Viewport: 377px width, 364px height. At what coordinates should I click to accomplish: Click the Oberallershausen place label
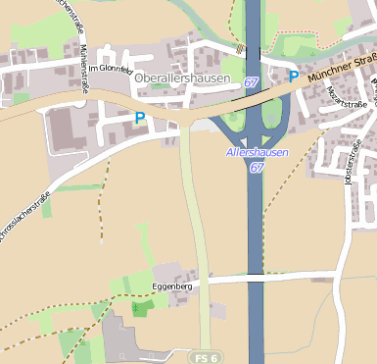(x=182, y=78)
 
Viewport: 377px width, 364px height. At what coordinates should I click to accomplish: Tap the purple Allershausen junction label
(x=258, y=153)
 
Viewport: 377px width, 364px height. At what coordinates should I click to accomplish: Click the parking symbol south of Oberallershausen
(x=140, y=118)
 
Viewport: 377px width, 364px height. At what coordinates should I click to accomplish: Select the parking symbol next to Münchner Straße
(x=293, y=76)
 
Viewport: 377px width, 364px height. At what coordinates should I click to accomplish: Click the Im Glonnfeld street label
(x=109, y=82)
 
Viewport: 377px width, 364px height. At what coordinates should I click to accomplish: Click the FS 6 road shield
(x=204, y=355)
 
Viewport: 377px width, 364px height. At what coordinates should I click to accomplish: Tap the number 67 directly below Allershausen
(x=256, y=168)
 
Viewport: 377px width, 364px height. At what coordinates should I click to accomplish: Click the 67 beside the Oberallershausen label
(x=252, y=83)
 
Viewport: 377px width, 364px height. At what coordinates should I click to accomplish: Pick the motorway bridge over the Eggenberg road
(x=255, y=278)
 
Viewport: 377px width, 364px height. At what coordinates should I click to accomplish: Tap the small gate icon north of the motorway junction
(x=239, y=46)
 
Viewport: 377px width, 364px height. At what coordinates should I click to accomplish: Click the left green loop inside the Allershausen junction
(x=232, y=123)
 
